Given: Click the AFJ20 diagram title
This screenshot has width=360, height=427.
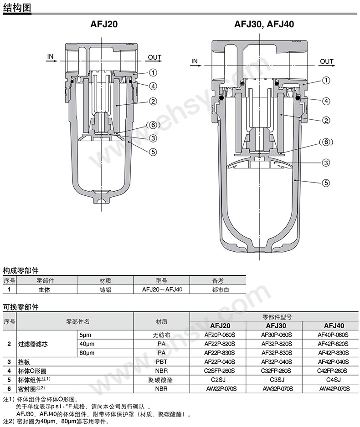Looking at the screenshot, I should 103,25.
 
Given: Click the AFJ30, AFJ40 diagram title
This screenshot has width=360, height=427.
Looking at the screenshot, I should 264,25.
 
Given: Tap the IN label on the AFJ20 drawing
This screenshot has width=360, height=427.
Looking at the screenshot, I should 50,57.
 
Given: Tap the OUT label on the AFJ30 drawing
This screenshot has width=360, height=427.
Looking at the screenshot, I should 326,61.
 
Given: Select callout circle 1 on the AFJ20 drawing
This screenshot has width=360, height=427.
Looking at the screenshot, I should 153,72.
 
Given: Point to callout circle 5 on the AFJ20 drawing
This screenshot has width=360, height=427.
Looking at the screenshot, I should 153,152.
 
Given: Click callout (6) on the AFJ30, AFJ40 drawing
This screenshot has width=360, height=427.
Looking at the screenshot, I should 326,142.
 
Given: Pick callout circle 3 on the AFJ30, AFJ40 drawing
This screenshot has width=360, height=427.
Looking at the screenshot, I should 326,163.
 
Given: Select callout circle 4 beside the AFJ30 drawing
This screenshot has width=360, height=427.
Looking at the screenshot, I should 326,101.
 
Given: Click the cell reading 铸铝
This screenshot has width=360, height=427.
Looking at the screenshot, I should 105,289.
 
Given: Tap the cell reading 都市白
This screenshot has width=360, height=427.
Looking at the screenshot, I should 218,289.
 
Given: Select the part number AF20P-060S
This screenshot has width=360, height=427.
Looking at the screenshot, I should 217,335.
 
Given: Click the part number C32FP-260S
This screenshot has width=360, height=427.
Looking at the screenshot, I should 274,371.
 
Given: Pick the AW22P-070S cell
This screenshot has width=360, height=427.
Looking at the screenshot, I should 217,388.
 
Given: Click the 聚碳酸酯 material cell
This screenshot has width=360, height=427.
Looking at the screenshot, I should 161,379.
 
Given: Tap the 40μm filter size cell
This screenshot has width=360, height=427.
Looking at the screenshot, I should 86,344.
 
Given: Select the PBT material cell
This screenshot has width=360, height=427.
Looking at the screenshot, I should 161,361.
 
